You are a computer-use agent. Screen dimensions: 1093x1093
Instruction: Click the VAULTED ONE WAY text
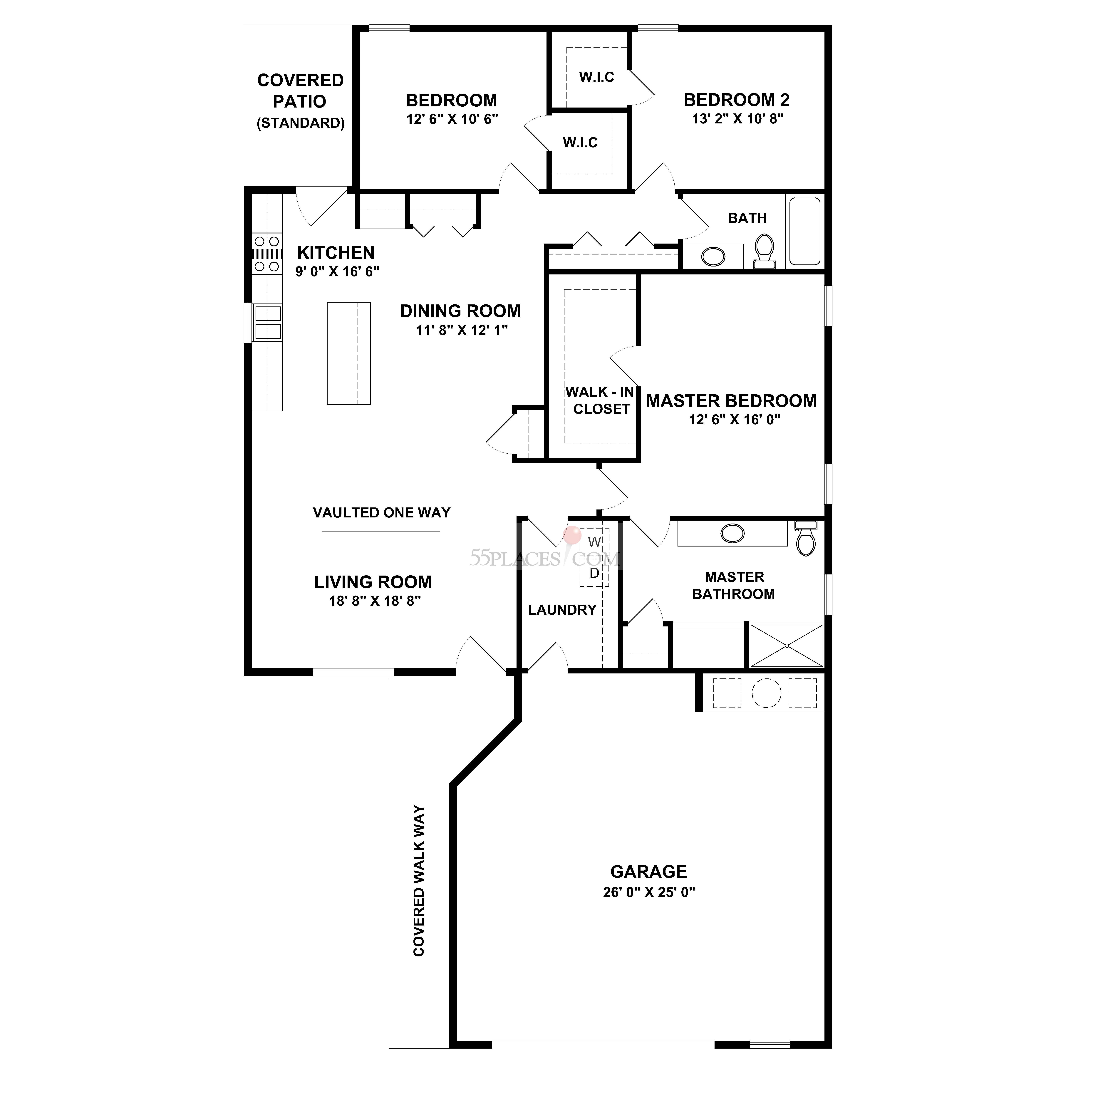pos(382,513)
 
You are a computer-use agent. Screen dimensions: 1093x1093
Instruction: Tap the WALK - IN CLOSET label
pos(601,400)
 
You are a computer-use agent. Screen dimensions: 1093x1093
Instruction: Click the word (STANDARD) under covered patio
pos(300,123)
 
